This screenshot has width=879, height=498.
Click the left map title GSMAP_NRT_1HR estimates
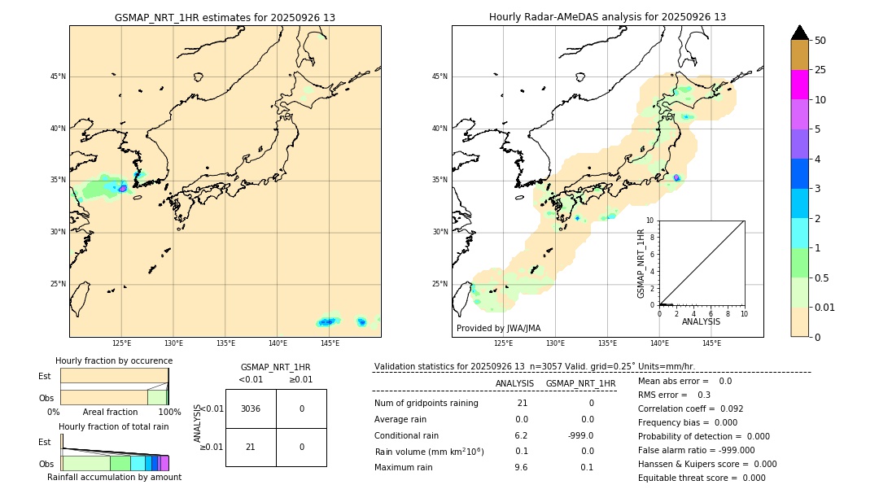(225, 17)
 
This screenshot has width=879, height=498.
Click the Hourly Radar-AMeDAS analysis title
(607, 17)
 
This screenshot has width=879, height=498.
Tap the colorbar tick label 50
(820, 41)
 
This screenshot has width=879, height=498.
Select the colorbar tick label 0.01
(825, 307)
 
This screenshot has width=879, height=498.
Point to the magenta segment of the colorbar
(799, 85)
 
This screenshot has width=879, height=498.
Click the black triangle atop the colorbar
(799, 33)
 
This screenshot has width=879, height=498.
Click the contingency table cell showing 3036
(251, 408)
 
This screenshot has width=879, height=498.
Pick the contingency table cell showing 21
(251, 447)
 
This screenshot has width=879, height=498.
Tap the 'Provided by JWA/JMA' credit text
(498, 328)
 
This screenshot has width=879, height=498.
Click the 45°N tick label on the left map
(58, 76)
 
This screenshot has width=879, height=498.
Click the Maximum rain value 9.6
(521, 467)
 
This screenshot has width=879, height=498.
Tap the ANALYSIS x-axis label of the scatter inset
(701, 321)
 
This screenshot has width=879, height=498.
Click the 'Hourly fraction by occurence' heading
(114, 360)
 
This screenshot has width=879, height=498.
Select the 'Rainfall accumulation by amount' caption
(114, 477)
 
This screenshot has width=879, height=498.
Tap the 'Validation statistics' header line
(534, 367)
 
